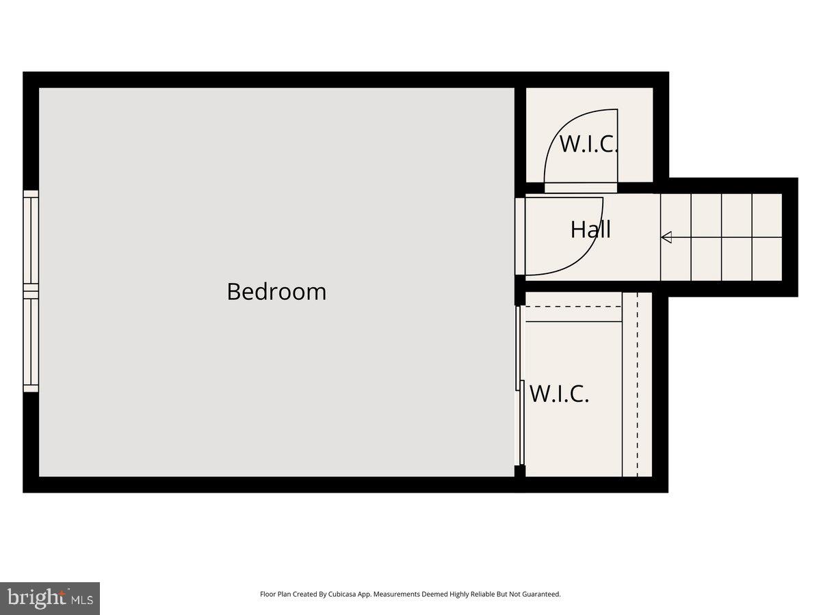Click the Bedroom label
click(x=276, y=292)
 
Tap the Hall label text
click(x=590, y=230)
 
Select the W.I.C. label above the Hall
click(x=588, y=144)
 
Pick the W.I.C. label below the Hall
click(x=559, y=394)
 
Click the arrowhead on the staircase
click(x=666, y=237)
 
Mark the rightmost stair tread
click(x=767, y=237)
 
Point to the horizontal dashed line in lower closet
click(x=571, y=307)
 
